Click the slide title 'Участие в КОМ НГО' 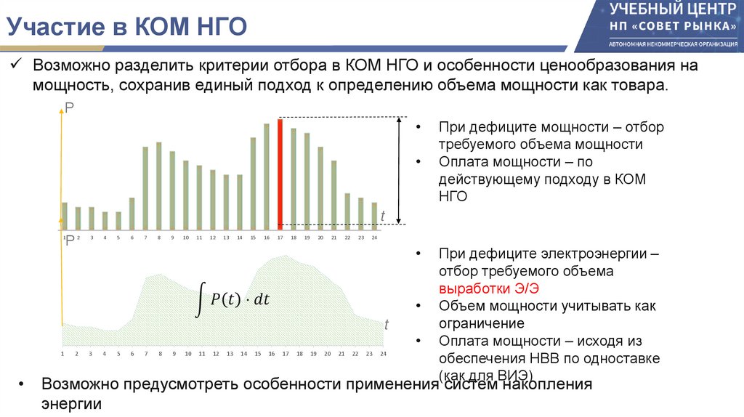pos(127,28)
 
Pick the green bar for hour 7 pos(145,187)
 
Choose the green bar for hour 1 pos(65,215)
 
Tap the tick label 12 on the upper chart pos(212,238)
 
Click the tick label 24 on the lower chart pos(383,354)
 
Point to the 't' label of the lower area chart pos(387,325)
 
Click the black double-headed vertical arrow pos(399,171)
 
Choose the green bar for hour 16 pos(267,175)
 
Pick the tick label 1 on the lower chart pos(63,354)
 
